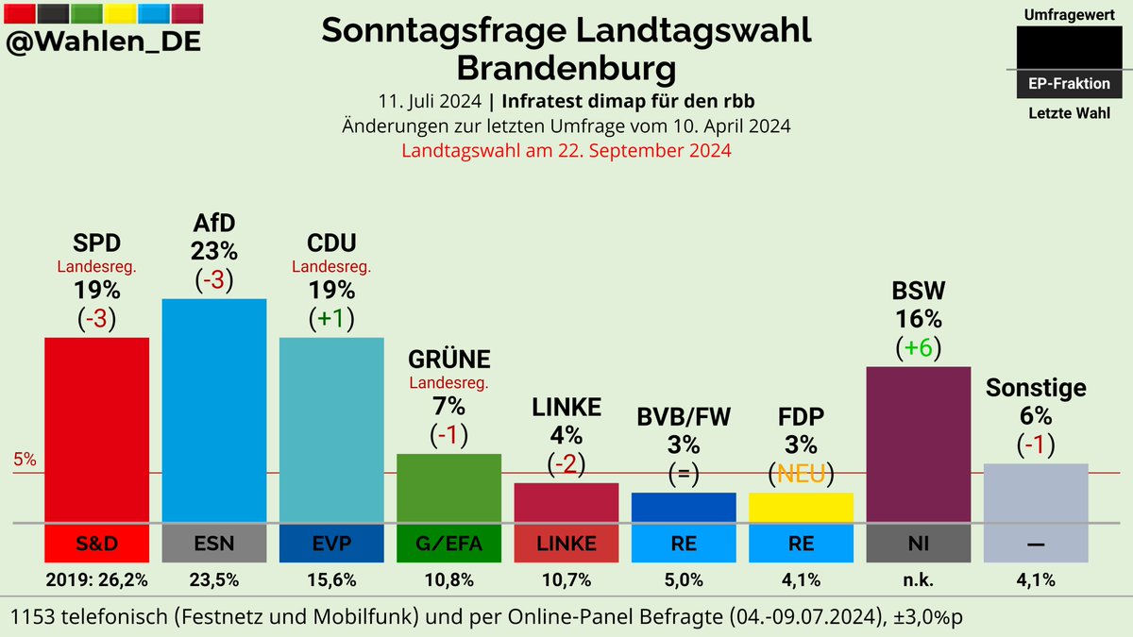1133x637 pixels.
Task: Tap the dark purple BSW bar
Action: coord(918,444)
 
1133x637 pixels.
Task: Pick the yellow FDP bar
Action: coord(801,507)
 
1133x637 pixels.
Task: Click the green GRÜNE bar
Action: coord(448,487)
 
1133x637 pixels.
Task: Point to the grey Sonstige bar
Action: coord(1035,492)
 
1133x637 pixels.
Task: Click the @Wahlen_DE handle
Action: coord(104,42)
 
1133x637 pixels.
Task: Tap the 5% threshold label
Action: coord(25,461)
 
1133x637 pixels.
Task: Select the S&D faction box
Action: coord(96,544)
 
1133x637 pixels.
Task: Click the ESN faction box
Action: coord(214,544)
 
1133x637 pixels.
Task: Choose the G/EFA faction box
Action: coord(448,544)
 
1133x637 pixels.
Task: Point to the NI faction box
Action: coord(918,544)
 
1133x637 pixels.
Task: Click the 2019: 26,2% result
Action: coord(96,578)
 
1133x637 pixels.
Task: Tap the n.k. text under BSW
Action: coord(918,578)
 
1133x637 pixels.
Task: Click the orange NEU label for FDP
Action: coord(801,473)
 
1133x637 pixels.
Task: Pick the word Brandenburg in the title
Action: coord(566,69)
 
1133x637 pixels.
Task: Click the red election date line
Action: coord(566,150)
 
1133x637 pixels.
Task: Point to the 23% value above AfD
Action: coord(213,251)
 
